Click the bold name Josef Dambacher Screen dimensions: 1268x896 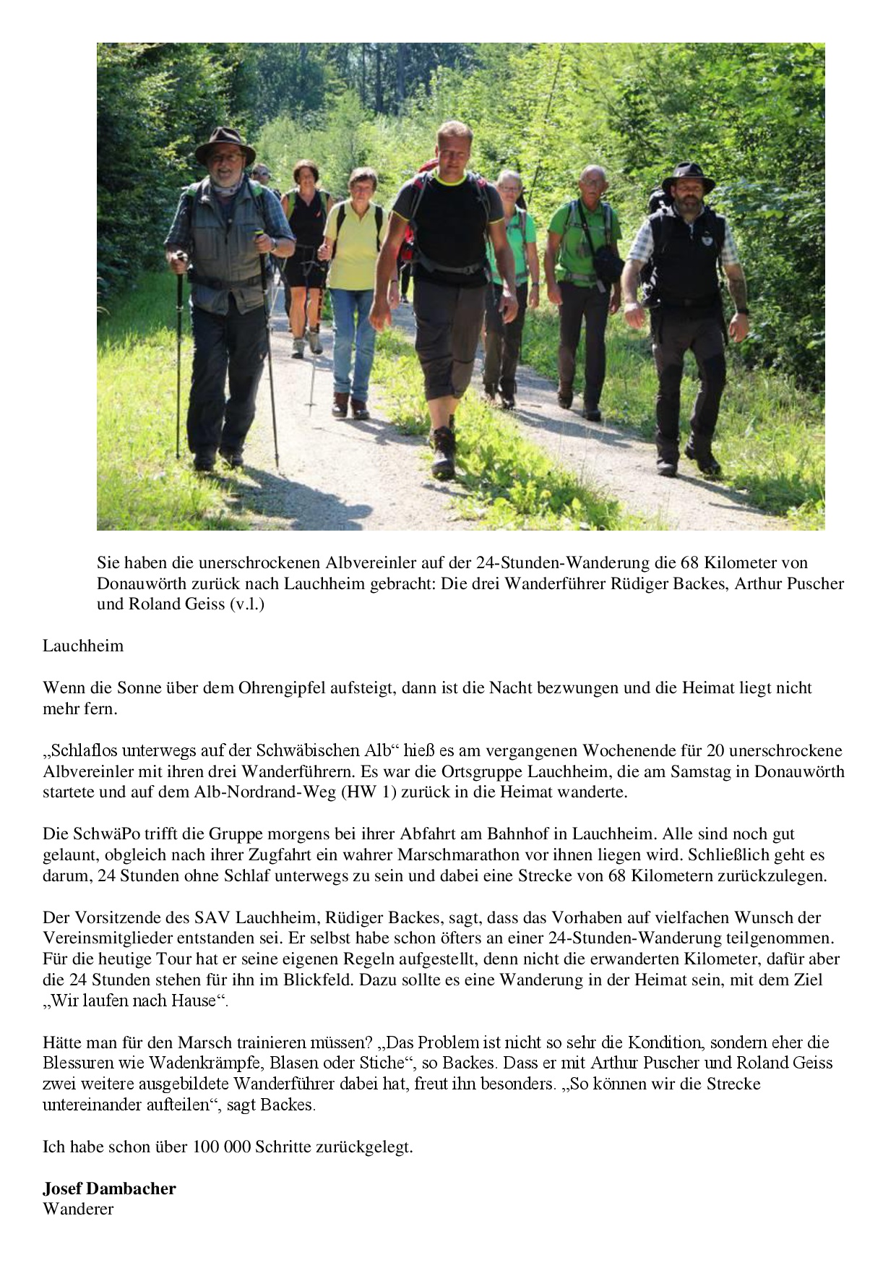click(109, 1188)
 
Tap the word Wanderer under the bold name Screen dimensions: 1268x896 click(78, 1209)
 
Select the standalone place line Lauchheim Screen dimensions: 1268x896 click(83, 646)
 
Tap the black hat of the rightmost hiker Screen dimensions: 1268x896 click(688, 175)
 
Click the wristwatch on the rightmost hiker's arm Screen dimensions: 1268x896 click(742, 311)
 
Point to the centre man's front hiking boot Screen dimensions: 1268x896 click(444, 453)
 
